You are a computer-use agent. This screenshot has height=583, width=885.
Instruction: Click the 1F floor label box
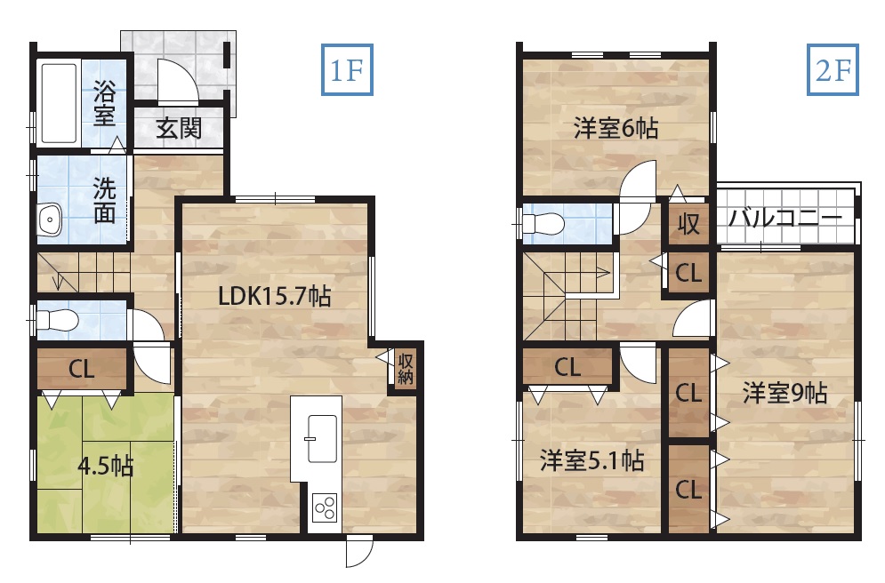(347, 69)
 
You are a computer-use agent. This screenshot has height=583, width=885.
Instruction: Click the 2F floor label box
(833, 69)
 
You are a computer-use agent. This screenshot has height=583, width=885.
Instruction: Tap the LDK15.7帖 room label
(274, 295)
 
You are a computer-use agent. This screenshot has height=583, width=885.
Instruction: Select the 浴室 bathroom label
(104, 103)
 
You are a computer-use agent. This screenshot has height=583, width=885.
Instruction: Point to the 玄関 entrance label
(179, 129)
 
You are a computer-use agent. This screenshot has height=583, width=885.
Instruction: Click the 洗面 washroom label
(104, 201)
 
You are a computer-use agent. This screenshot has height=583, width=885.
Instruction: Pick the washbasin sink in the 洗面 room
(50, 219)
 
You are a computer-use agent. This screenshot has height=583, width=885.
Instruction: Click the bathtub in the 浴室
(59, 103)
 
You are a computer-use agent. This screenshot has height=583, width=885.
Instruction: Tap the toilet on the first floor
(57, 321)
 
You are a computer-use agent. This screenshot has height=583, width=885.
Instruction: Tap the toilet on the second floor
(543, 225)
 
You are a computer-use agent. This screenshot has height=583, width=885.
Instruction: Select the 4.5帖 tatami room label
(106, 467)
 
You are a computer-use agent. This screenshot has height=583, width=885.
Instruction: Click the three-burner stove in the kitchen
(326, 507)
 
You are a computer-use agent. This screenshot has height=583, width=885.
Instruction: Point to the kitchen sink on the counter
(322, 439)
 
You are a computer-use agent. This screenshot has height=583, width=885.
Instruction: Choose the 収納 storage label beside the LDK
(406, 370)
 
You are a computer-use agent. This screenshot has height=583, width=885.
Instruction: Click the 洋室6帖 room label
(615, 129)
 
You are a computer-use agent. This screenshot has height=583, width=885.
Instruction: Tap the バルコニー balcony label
(785, 217)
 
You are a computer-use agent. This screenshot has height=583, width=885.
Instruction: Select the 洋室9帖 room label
(784, 393)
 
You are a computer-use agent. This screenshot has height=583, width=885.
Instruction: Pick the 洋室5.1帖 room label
(591, 460)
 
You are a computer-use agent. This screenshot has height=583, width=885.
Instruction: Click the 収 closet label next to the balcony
(688, 225)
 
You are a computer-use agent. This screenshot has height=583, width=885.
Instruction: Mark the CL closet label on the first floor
(81, 370)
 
